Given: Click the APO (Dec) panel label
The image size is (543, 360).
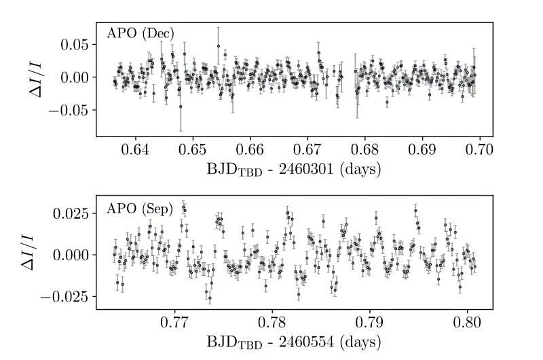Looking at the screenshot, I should pyautogui.click(x=141, y=33).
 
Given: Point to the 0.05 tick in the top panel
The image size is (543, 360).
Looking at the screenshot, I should pyautogui.click(x=74, y=45).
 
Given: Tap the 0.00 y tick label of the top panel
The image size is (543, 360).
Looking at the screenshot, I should pyautogui.click(x=74, y=77).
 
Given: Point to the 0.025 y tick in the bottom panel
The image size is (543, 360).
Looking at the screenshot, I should pyautogui.click(x=70, y=213).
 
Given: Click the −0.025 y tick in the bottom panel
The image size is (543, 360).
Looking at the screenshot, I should pyautogui.click(x=64, y=296).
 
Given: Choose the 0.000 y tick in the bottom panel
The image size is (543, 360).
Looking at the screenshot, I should pyautogui.click(x=70, y=255).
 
